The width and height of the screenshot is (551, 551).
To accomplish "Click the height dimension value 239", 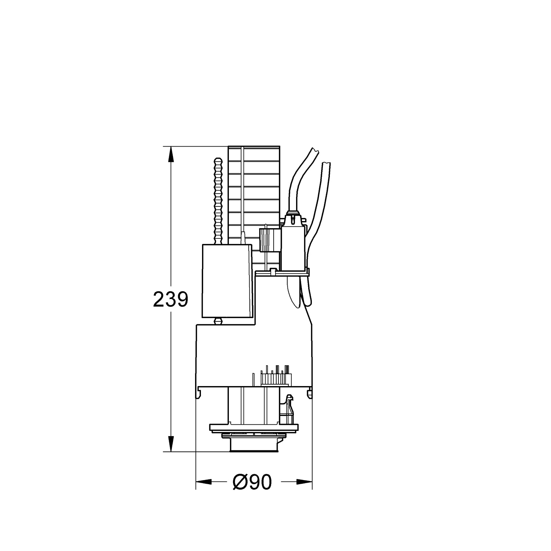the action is coord(170,299).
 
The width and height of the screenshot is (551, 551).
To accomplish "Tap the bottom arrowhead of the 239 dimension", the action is coord(171,444).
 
